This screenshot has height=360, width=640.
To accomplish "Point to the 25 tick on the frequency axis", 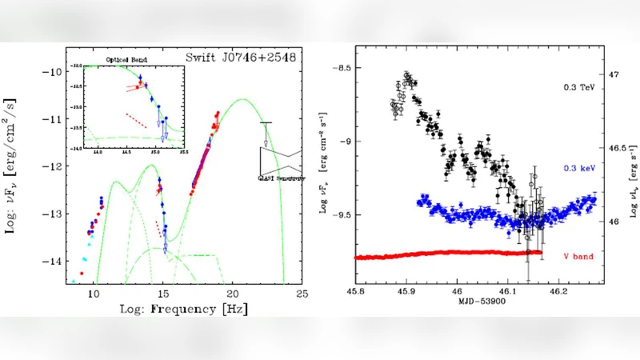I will click(x=302, y=294).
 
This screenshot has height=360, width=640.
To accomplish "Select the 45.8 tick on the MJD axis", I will click(x=356, y=294).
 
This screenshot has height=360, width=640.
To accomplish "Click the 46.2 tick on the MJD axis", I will click(x=559, y=294).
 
